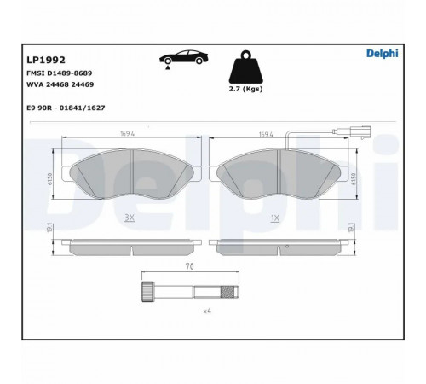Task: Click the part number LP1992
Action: [46, 60]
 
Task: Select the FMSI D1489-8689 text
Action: [59, 73]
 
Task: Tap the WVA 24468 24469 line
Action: [60, 84]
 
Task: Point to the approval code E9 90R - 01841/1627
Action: [66, 108]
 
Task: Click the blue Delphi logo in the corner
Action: [383, 54]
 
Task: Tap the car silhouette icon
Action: [183, 57]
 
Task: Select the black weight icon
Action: [246, 67]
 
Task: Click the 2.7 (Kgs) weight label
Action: [245, 89]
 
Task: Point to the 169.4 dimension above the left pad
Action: [127, 134]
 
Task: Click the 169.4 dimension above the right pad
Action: [266, 134]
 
